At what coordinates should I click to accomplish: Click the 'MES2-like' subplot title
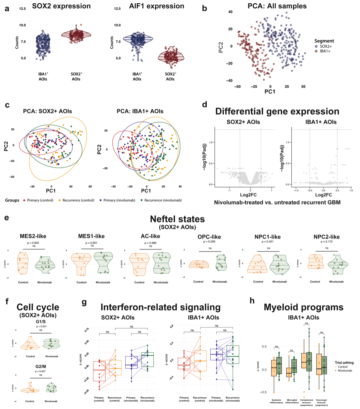[x=32, y=236]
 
